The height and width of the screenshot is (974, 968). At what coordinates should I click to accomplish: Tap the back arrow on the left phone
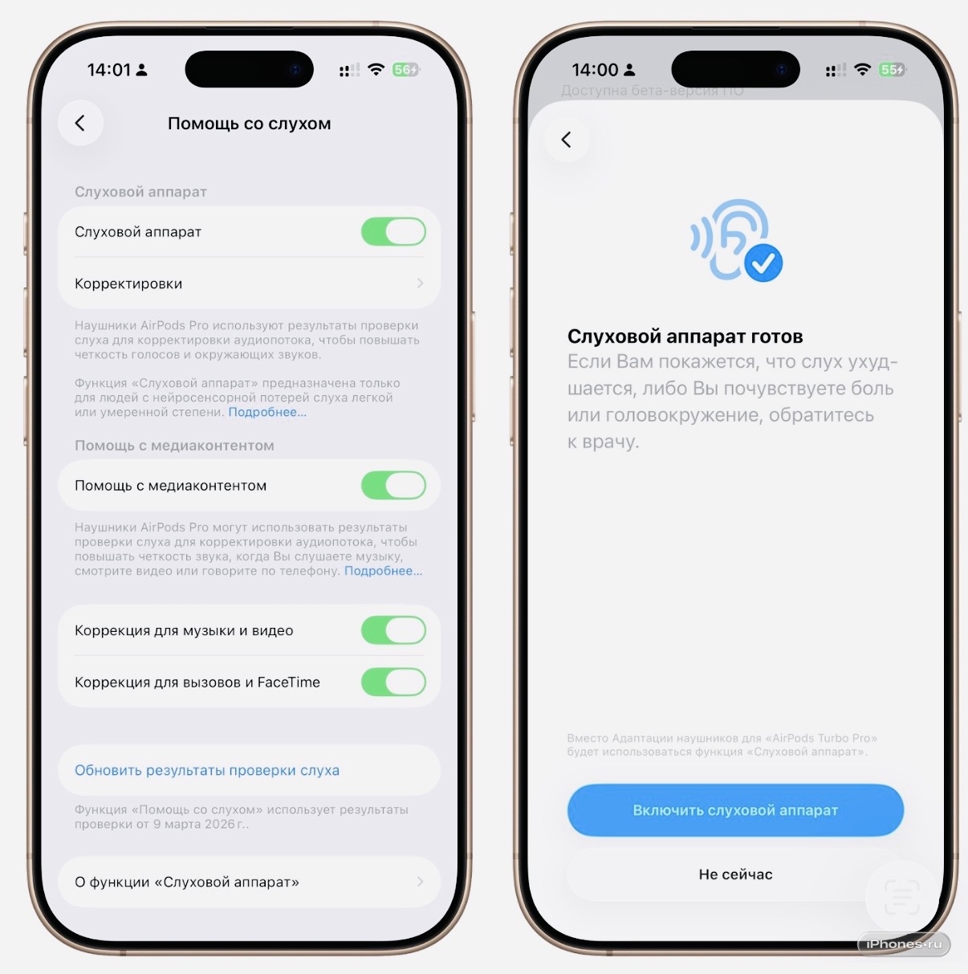(80, 123)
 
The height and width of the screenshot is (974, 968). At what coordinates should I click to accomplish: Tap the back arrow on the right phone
(566, 140)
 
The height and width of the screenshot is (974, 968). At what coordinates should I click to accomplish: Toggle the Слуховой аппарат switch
(393, 231)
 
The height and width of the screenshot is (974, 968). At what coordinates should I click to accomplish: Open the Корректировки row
(249, 283)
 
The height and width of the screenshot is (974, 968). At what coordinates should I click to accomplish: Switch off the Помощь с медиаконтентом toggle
(393, 485)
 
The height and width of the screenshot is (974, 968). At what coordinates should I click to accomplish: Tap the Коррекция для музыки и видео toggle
(393, 630)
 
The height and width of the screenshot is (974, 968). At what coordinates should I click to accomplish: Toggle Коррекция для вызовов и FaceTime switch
(393, 682)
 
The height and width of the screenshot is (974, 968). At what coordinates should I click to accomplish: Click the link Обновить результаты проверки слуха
(207, 770)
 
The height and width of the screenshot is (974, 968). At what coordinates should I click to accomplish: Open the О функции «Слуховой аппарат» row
(249, 882)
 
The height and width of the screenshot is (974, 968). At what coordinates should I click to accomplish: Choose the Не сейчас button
(735, 874)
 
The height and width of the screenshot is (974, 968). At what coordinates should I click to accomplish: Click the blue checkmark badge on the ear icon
(763, 263)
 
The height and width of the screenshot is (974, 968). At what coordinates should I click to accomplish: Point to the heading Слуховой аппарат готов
(685, 336)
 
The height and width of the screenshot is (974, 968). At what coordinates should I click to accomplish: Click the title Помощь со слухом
(249, 124)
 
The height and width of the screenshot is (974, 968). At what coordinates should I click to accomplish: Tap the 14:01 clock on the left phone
(109, 70)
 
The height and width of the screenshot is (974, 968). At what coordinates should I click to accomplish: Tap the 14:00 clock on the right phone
(595, 70)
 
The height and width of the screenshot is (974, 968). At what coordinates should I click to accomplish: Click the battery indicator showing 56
(406, 70)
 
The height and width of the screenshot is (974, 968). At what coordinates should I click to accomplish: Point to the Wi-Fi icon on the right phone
(862, 69)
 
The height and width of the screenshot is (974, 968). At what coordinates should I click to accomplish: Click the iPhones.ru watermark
(904, 943)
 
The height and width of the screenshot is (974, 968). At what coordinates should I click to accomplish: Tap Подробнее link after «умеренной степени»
(267, 412)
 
